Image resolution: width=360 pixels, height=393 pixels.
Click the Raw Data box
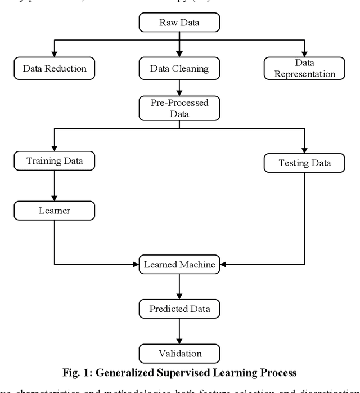click(x=179, y=22)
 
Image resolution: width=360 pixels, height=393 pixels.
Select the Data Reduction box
click(x=55, y=69)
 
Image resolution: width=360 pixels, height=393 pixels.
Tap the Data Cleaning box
click(x=179, y=69)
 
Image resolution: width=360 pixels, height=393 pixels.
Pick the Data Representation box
click(x=304, y=69)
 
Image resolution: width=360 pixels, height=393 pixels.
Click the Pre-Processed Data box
click(x=179, y=108)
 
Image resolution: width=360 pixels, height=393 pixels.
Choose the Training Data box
click(x=55, y=161)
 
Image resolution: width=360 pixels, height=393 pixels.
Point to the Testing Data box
click(x=304, y=163)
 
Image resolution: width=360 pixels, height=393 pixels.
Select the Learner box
click(x=55, y=211)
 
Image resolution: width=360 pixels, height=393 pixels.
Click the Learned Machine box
click(x=179, y=264)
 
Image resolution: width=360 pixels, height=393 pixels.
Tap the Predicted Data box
click(x=179, y=309)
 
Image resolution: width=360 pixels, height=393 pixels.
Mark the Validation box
click(x=179, y=354)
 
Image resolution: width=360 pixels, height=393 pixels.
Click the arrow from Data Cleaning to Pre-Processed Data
click(x=179, y=87)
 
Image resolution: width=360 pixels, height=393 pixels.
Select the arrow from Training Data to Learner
click(x=55, y=186)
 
